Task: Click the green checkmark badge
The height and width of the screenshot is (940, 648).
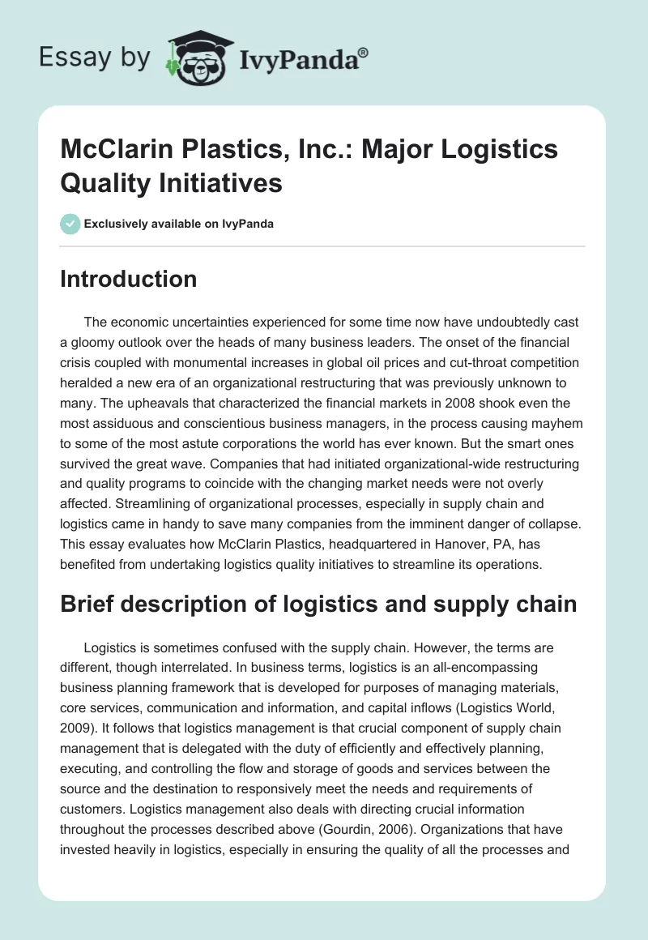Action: tap(70, 224)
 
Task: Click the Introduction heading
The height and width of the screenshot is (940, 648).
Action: tap(129, 279)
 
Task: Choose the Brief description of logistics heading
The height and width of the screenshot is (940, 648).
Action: tap(318, 605)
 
